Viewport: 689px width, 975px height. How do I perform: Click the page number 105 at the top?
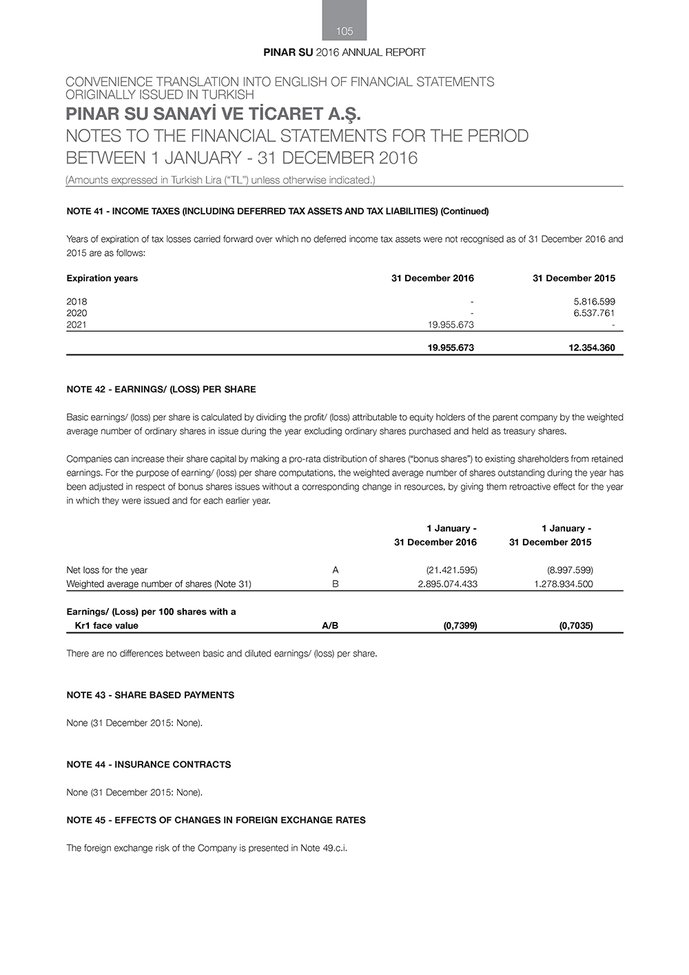pyautogui.click(x=344, y=31)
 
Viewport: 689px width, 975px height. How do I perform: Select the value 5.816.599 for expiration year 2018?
pyautogui.click(x=594, y=301)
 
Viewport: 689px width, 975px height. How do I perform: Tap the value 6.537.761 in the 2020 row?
pyautogui.click(x=594, y=313)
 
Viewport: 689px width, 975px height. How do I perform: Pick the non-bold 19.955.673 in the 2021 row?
pyautogui.click(x=451, y=325)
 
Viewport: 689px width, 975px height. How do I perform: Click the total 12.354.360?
pyautogui.click(x=591, y=348)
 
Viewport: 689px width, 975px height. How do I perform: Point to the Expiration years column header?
pyautogui.click(x=102, y=279)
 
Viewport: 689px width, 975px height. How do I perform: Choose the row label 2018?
pyautogui.click(x=76, y=301)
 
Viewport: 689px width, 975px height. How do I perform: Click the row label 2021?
pyautogui.click(x=76, y=325)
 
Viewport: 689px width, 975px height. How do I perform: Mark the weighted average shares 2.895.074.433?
pyautogui.click(x=447, y=584)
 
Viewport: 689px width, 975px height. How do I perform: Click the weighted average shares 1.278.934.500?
pyautogui.click(x=563, y=584)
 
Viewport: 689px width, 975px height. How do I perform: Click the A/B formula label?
pyautogui.click(x=330, y=626)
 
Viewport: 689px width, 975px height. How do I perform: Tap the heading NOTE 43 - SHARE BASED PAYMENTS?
pyautogui.click(x=150, y=695)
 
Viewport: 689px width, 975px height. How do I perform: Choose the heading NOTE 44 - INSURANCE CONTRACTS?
pyautogui.click(x=148, y=765)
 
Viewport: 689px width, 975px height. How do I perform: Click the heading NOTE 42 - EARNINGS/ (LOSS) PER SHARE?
pyautogui.click(x=161, y=390)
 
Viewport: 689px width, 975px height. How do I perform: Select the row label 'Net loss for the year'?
pyautogui.click(x=107, y=570)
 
